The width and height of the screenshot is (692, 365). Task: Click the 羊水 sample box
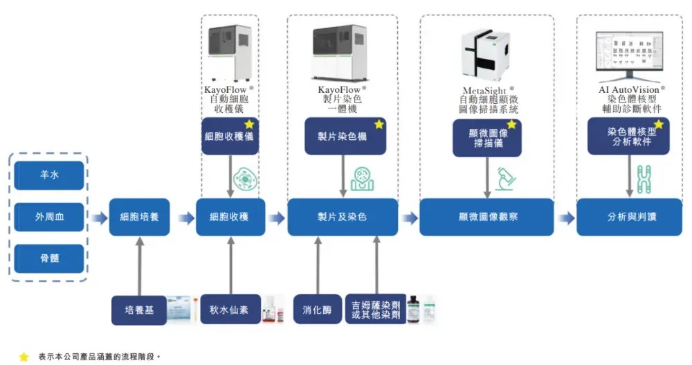[49, 175]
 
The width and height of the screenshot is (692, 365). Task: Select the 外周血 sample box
[49, 217]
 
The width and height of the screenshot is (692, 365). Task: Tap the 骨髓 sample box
[49, 258]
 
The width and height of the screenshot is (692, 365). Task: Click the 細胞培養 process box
[139, 217]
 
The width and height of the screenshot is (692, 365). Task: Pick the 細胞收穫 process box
[230, 217]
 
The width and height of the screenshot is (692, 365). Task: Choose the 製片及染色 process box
[343, 217]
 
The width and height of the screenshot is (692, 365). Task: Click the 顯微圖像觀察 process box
[486, 217]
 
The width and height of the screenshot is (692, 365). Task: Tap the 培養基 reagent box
[139, 310]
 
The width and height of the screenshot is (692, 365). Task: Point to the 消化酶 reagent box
[317, 310]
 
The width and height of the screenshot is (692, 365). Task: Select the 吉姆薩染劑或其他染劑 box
[376, 310]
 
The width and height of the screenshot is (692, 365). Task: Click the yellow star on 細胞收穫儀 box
[249, 124]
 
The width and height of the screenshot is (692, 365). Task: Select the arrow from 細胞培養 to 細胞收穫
[185, 218]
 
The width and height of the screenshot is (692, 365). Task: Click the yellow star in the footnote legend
[24, 357]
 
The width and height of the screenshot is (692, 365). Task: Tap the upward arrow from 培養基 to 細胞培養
[140, 267]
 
